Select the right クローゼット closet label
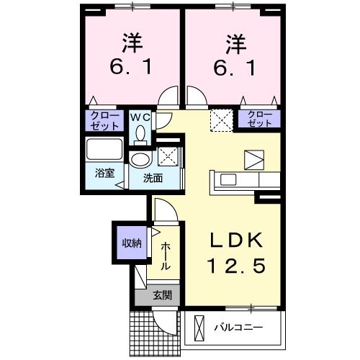coord(260,119)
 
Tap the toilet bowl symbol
coord(140,132)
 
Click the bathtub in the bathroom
coord(104,152)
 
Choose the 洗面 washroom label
coord(152,178)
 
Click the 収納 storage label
coord(130,243)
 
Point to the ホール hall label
coord(166,256)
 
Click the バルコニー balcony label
coord(238,328)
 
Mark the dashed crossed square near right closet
coord(219,120)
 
